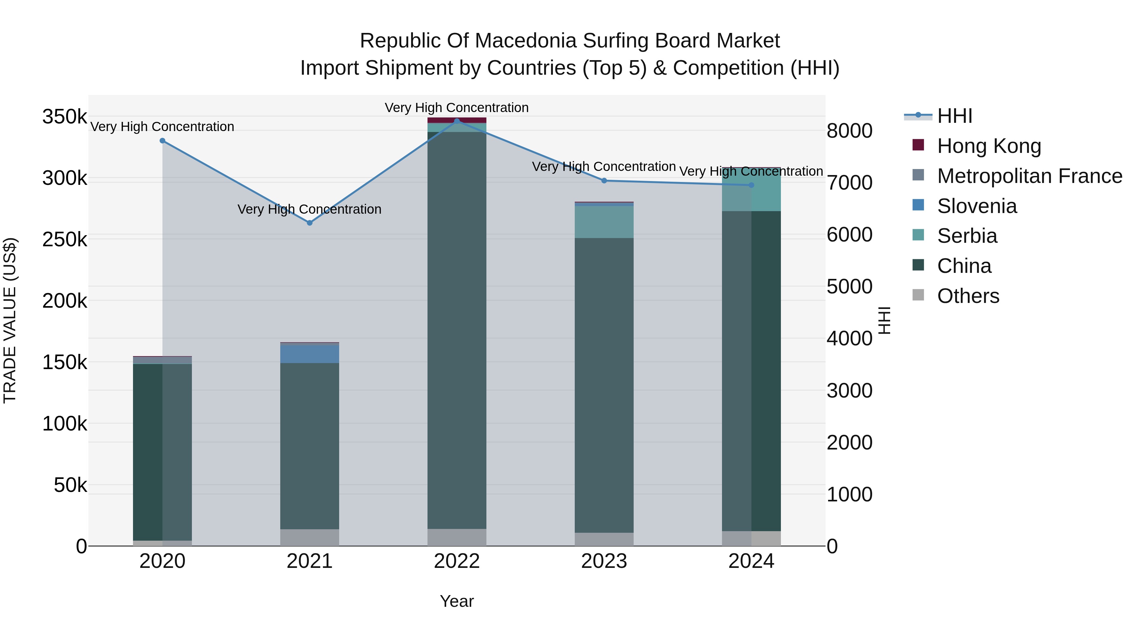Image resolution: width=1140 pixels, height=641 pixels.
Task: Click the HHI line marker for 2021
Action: pyautogui.click(x=309, y=223)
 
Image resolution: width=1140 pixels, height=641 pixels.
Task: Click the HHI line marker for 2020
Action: pyautogui.click(x=162, y=141)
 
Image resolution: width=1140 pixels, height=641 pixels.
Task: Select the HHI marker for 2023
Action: pyautogui.click(x=604, y=180)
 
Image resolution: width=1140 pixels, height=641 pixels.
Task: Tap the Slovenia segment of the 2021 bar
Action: pyautogui.click(x=309, y=354)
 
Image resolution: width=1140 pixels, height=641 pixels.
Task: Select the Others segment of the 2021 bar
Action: pyautogui.click(x=309, y=537)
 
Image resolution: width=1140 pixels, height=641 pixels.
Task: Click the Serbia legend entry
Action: pyautogui.click(x=967, y=236)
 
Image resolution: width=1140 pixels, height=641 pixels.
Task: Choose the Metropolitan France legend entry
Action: pyautogui.click(x=1029, y=176)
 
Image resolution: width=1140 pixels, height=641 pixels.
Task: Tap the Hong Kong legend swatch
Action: pyautogui.click(x=918, y=145)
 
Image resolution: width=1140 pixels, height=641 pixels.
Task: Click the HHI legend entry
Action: pyautogui.click(x=954, y=116)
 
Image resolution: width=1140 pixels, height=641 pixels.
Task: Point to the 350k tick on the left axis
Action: pyautogui.click(x=65, y=117)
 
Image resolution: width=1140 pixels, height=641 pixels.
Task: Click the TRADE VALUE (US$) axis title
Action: pyautogui.click(x=10, y=320)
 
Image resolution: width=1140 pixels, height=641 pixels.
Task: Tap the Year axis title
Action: pyautogui.click(x=457, y=601)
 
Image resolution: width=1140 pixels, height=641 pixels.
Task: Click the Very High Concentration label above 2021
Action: pyautogui.click(x=309, y=209)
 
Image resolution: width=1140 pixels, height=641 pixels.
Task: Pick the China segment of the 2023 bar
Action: pyautogui.click(x=604, y=385)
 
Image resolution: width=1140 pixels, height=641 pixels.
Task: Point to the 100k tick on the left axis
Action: pyautogui.click(x=65, y=424)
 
